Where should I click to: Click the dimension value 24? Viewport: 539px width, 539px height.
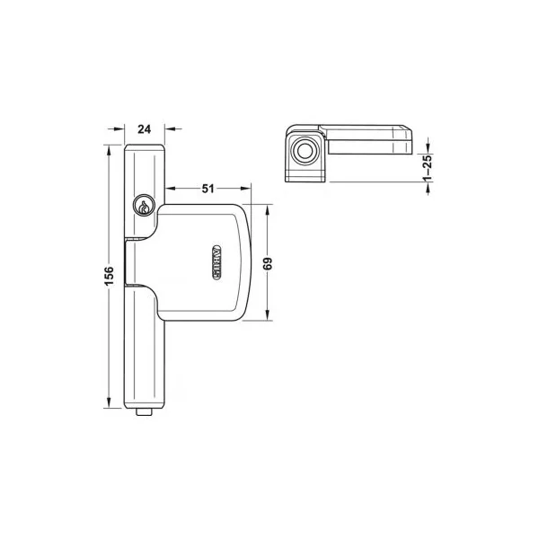pos(145,129)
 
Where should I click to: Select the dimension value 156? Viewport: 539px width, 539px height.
pos(109,276)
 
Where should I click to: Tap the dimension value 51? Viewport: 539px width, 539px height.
pos(208,189)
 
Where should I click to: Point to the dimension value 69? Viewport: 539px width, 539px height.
pos(268,263)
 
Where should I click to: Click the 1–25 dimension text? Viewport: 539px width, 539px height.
pos(428,168)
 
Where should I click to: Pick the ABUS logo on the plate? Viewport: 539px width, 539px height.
pos(216,262)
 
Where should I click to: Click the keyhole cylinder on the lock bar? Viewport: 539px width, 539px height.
pos(144,206)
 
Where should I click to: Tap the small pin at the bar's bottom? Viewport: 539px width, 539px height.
pos(144,411)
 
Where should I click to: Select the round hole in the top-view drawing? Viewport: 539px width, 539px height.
pos(305,151)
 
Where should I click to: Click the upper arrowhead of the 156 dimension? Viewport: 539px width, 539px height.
pos(109,151)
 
